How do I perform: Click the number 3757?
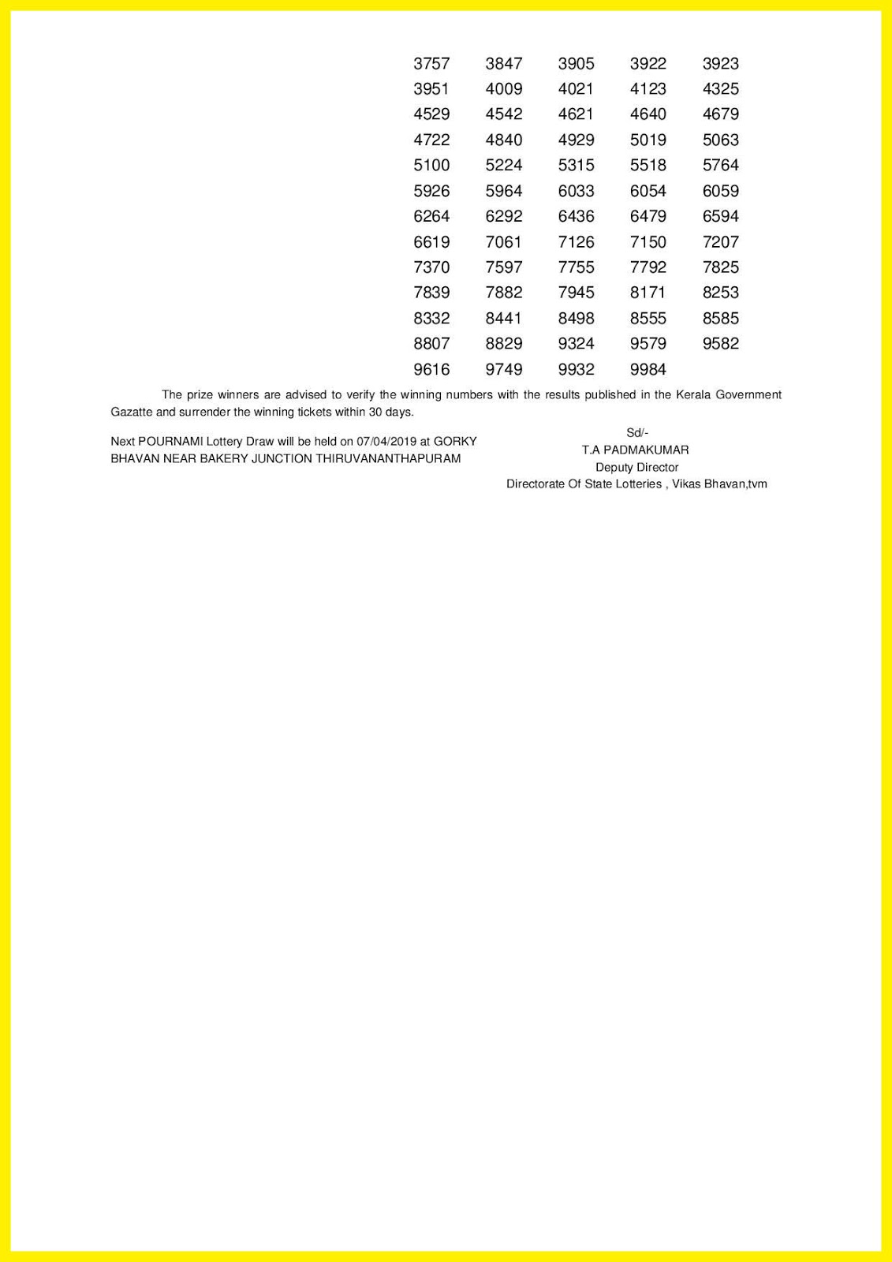(x=431, y=64)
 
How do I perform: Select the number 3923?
(x=720, y=64)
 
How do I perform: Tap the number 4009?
(x=504, y=89)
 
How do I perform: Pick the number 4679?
(x=720, y=114)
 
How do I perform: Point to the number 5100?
(x=431, y=166)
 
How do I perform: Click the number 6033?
(x=576, y=191)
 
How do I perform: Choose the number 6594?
(x=720, y=216)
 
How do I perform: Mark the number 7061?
(x=504, y=242)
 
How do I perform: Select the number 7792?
(x=648, y=267)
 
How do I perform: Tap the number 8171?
(x=648, y=293)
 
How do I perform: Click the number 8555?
(x=648, y=319)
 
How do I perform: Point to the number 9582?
(x=720, y=344)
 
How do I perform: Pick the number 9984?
(x=648, y=369)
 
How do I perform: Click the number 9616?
(x=431, y=369)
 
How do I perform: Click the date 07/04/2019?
(x=386, y=442)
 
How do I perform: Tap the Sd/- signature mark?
(x=636, y=433)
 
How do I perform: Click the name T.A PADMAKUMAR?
(x=636, y=450)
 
